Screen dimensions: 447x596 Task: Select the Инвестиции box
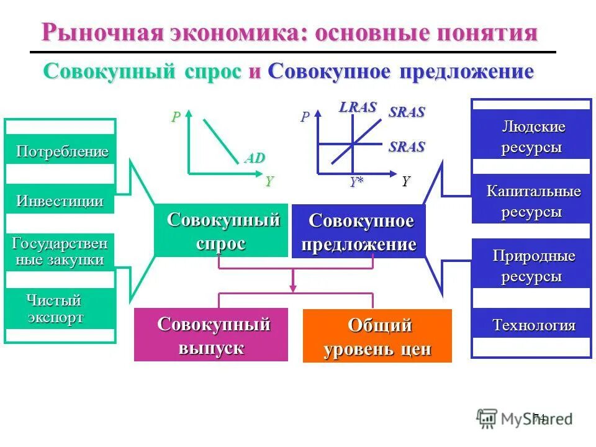point(60,200)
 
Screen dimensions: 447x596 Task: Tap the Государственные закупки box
point(60,251)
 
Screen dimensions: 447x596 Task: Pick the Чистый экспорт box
point(60,309)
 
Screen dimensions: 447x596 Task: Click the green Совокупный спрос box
point(221,230)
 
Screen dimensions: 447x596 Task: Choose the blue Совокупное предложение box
point(359,232)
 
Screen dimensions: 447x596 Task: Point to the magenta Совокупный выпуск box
point(211,335)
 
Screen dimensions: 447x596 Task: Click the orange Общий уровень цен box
point(377,336)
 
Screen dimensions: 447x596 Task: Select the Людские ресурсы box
point(532,137)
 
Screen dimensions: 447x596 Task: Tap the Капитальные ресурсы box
point(532,200)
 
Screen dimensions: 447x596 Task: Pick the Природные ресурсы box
point(532,265)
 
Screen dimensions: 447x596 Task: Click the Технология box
point(532,324)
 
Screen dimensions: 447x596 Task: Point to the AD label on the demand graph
point(255,158)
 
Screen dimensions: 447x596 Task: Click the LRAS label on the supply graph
point(358,107)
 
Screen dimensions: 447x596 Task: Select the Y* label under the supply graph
point(356,181)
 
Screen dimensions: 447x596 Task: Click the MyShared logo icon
point(487,418)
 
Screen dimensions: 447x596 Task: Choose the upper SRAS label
point(407,112)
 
